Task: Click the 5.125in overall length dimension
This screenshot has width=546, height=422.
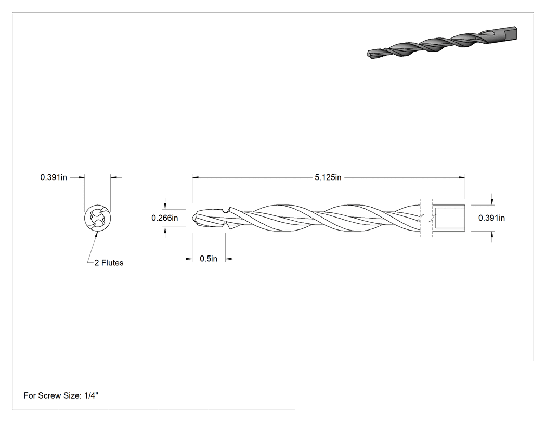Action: pos(328,177)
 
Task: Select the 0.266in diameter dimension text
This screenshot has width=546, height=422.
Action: pos(165,218)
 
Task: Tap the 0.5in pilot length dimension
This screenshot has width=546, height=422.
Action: pos(209,259)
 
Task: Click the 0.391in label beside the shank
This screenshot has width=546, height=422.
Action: pos(491,218)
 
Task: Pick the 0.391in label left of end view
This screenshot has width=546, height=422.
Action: pos(54,177)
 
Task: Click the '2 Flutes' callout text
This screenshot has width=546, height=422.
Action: pos(109,263)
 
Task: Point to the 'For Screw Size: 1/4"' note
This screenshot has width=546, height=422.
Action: pos(61,395)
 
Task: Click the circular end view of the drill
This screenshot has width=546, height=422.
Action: pos(98,218)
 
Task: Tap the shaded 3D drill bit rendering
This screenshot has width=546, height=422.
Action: pos(442,43)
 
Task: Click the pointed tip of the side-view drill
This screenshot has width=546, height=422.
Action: pos(192,218)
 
